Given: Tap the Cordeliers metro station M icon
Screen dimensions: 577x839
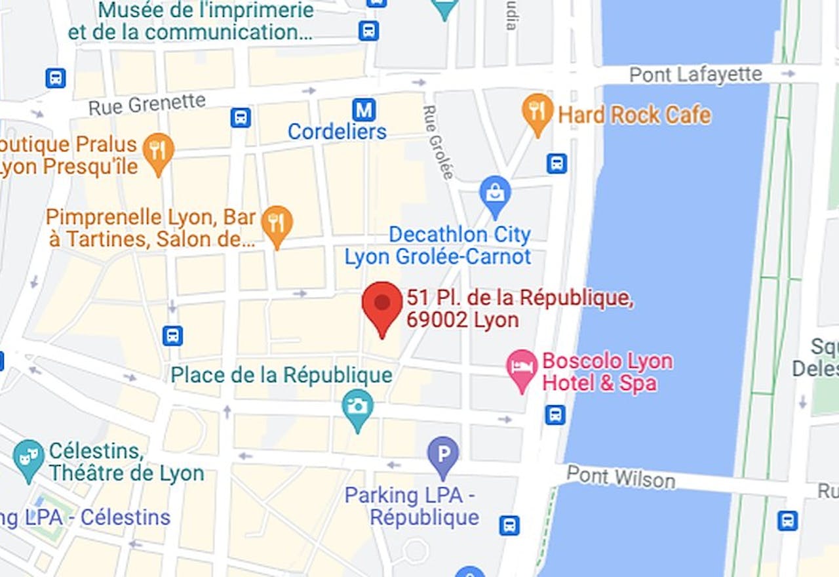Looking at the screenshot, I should pyautogui.click(x=363, y=108).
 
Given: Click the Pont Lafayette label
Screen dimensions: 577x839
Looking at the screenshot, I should pyautogui.click(x=695, y=75).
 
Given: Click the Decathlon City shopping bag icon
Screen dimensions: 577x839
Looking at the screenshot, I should pyautogui.click(x=496, y=193).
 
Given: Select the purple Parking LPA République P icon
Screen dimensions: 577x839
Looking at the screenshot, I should pyautogui.click(x=443, y=454).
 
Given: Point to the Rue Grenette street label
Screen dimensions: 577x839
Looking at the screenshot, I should pyautogui.click(x=147, y=104).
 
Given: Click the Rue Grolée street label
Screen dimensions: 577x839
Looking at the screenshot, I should pyautogui.click(x=438, y=142).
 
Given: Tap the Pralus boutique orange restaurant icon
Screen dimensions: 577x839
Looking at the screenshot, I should pyautogui.click(x=158, y=150).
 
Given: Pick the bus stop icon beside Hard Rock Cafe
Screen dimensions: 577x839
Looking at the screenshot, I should pyautogui.click(x=556, y=163).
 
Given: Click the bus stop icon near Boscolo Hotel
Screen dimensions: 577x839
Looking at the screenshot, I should pyautogui.click(x=555, y=414).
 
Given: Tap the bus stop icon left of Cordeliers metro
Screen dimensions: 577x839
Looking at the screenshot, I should pyautogui.click(x=241, y=117).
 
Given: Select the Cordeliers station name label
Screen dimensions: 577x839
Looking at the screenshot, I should pyautogui.click(x=337, y=132).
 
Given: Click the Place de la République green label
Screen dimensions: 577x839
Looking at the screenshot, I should pyautogui.click(x=281, y=376).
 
